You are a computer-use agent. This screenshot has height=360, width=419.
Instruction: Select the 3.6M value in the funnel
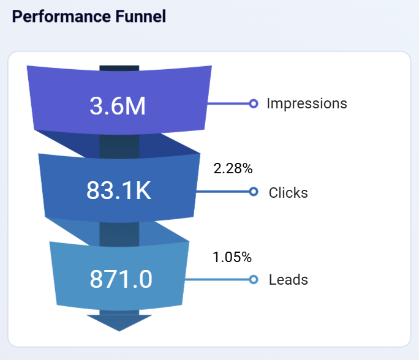118,106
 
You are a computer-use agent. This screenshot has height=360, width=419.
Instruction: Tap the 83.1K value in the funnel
118,191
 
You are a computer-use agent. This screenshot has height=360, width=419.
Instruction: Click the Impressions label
306,103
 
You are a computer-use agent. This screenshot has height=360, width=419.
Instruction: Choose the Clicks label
288,193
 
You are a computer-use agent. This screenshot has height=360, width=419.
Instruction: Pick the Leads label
288,280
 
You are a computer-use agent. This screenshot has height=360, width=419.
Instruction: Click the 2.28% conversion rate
233,168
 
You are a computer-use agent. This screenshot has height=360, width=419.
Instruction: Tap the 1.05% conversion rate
232,257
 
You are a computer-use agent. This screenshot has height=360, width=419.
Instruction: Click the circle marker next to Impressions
254,103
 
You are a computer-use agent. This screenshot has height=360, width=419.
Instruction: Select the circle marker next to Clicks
254,192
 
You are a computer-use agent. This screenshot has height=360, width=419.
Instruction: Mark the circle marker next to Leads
254,280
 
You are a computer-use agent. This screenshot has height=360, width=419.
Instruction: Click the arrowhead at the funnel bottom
119,323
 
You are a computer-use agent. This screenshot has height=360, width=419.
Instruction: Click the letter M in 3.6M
135,106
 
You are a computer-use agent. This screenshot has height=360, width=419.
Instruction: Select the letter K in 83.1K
142,191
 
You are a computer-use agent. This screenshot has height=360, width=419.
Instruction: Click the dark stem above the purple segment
119,67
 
